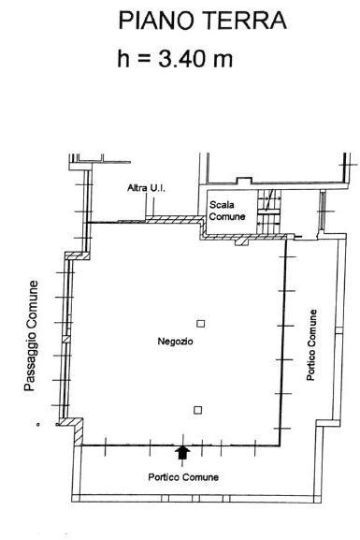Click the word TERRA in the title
coord(244,21)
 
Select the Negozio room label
coord(175,342)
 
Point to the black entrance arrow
coord(182,453)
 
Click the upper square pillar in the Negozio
coord(201,324)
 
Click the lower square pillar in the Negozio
coord(198,410)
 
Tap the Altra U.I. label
coord(146,188)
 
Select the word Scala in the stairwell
coord(222,205)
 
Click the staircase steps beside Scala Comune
coord(269,211)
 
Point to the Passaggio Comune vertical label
coord(31,336)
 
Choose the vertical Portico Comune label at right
coord(311,344)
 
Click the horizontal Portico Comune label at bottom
coord(183,477)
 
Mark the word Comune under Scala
coord(227,216)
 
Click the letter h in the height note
coord(123,58)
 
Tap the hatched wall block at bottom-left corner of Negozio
coord(77,430)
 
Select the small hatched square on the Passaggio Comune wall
coord(65,339)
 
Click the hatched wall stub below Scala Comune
coord(241,241)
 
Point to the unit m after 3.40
coord(223,61)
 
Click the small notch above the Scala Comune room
coord(244,181)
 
